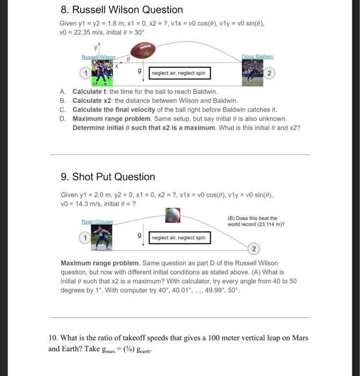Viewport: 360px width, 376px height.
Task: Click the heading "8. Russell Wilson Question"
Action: [121, 10]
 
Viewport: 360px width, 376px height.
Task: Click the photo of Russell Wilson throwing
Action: [106, 73]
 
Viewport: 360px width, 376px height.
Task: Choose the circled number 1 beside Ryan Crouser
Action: [84, 237]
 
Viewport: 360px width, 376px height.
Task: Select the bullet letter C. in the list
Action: [63, 109]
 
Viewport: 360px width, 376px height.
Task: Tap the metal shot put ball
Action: [174, 216]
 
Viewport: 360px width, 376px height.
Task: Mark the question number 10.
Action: [53, 338]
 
